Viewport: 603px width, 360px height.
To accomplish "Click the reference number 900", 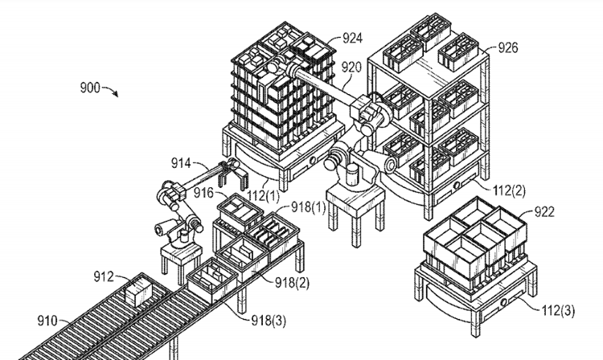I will [x=90, y=87].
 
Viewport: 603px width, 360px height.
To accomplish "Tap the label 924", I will [x=351, y=37].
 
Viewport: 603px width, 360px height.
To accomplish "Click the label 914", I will [x=183, y=163].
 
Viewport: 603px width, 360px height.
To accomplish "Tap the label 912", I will [x=104, y=276].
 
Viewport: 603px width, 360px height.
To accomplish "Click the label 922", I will [x=545, y=212].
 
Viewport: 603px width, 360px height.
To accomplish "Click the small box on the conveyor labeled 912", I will [x=138, y=290].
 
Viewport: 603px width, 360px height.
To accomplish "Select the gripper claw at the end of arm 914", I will [x=231, y=176].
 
